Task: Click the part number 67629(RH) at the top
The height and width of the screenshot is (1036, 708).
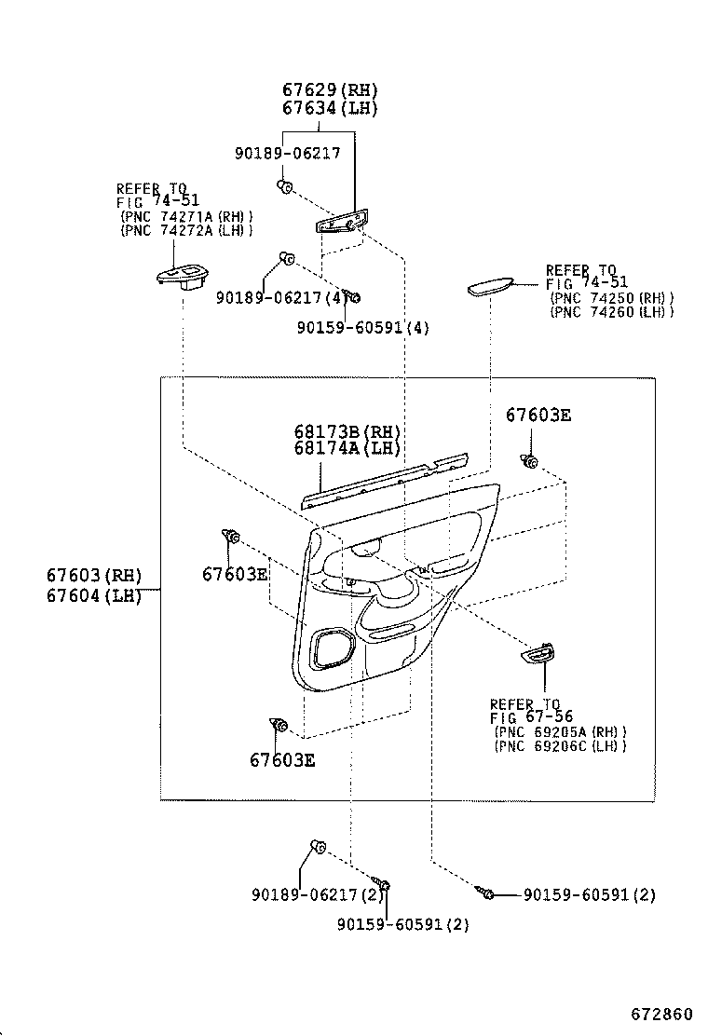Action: tap(317, 90)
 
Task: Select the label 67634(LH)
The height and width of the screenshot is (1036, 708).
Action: tap(317, 108)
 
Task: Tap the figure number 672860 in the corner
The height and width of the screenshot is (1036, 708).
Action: tap(662, 1013)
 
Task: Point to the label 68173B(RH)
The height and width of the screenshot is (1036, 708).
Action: tap(347, 431)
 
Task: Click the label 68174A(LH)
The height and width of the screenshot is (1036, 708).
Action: tap(347, 448)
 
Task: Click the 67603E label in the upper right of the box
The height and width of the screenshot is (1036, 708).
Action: tap(538, 416)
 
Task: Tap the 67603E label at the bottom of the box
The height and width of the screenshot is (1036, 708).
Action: tap(282, 759)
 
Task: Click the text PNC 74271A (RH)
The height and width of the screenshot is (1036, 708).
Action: tap(186, 217)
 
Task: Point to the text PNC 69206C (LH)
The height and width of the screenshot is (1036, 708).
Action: tap(561, 745)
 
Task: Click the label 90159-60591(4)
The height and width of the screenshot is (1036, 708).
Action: tap(364, 327)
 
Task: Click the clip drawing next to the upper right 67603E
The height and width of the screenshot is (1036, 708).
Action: tap(531, 460)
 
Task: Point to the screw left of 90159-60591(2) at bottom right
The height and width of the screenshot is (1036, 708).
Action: tap(487, 894)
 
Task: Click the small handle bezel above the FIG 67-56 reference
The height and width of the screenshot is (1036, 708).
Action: tap(538, 657)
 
